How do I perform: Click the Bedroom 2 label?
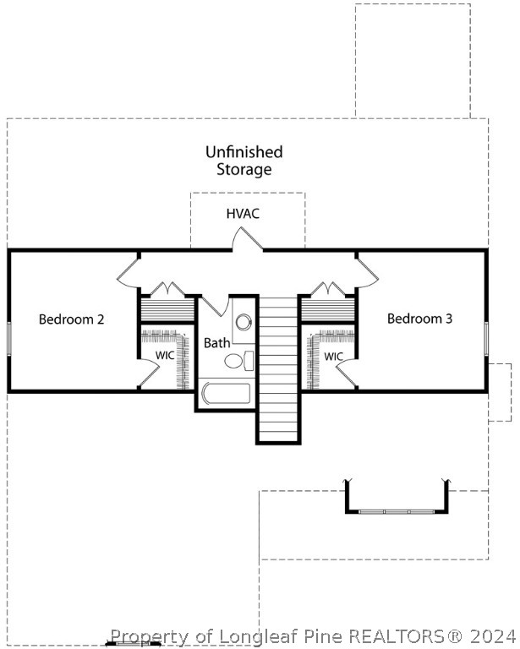click(x=72, y=319)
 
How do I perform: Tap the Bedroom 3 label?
click(x=419, y=319)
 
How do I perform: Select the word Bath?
click(x=216, y=343)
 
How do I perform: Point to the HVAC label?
click(x=243, y=213)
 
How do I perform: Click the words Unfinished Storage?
click(x=244, y=161)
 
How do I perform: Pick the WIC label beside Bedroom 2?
click(x=165, y=356)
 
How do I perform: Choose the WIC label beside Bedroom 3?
click(x=333, y=357)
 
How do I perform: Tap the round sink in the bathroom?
click(x=244, y=322)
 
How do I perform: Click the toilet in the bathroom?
click(x=237, y=361)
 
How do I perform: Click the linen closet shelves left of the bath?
click(x=167, y=308)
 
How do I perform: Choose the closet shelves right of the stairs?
click(x=328, y=309)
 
